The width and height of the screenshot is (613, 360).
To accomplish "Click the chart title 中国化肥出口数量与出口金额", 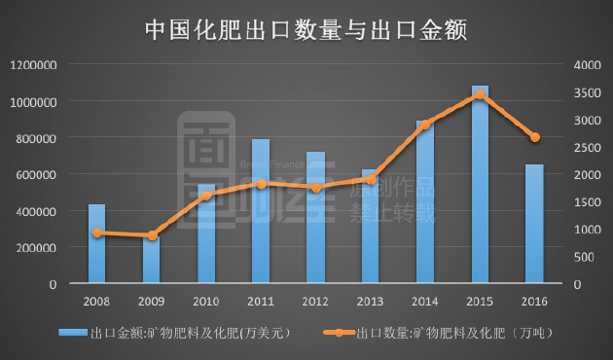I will (306, 30).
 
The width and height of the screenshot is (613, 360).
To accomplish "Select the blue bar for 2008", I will (96, 244).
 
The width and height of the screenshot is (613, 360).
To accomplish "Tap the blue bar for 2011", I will (261, 212).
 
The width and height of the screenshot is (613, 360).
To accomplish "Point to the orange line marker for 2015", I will (480, 94).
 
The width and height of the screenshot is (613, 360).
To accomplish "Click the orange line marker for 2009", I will (152, 235).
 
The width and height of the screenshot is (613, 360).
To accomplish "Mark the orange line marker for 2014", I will (425, 125).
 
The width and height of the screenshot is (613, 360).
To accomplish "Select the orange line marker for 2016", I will (534, 137).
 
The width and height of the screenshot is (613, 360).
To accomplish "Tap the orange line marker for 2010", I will (206, 196).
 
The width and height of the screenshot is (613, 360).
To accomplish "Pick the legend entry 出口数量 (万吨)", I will (456, 333).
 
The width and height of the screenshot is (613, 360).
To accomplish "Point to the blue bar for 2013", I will (370, 227).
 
